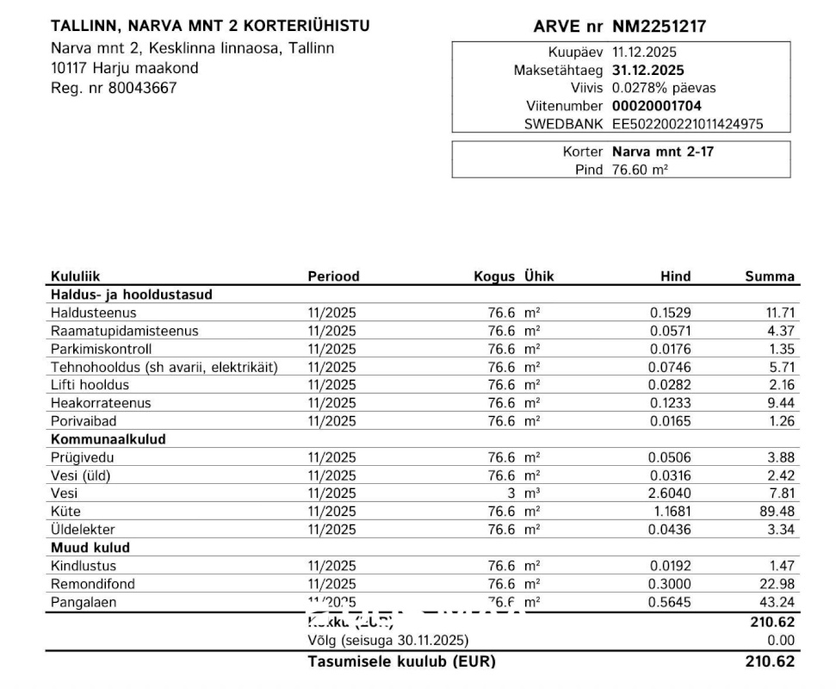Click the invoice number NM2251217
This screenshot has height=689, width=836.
tap(659, 27)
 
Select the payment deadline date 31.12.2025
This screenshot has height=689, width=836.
tap(648, 71)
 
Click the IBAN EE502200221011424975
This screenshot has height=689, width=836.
tap(687, 124)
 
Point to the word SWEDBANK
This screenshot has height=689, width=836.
tap(564, 124)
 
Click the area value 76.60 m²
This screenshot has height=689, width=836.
tap(640, 170)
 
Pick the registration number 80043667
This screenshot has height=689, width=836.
tap(142, 87)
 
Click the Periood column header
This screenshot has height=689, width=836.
tap(333, 276)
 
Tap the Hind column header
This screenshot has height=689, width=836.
tap(675, 276)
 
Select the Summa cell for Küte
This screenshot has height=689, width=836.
tap(779, 512)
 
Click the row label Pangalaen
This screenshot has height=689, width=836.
tap(82, 602)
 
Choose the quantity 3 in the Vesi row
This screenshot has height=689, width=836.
tap(511, 493)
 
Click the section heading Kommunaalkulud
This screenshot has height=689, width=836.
tap(108, 439)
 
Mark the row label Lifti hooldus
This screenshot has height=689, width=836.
tap(90, 385)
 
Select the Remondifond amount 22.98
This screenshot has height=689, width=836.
tap(779, 584)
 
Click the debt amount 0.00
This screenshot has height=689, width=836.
tap(781, 641)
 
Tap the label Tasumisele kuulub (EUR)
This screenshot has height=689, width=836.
tap(401, 662)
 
